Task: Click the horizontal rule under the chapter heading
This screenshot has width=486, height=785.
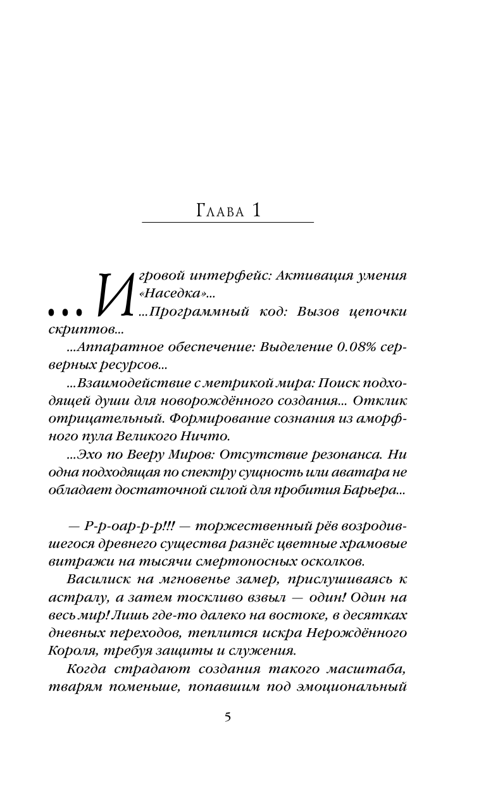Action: click(x=228, y=222)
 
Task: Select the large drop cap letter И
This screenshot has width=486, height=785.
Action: click(x=114, y=294)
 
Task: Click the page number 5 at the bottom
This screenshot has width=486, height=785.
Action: click(x=228, y=717)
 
